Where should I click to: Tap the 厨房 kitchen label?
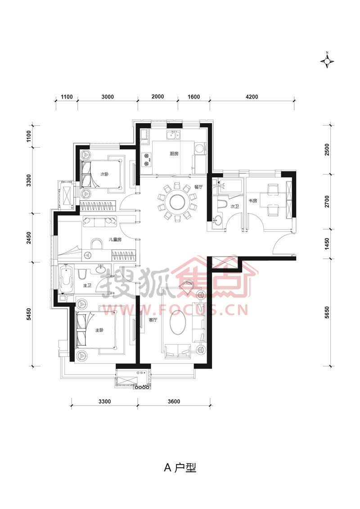[x=174, y=153]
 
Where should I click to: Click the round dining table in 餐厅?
[x=177, y=203]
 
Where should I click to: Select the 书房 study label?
[x=253, y=201]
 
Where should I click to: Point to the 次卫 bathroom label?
[x=235, y=206]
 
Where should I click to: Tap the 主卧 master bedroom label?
[x=99, y=330]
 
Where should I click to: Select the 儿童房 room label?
[x=115, y=239]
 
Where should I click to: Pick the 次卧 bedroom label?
[x=104, y=174]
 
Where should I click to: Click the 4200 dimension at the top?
[x=252, y=97]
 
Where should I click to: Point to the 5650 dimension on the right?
[x=327, y=312]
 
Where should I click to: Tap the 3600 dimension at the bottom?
[x=174, y=401]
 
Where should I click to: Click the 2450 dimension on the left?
[x=29, y=238]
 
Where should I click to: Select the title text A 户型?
[x=180, y=468]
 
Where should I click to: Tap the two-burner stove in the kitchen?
[x=146, y=159]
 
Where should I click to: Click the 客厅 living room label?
[x=153, y=320]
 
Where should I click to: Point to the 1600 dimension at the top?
[x=194, y=97]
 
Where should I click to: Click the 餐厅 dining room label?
[x=198, y=187]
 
